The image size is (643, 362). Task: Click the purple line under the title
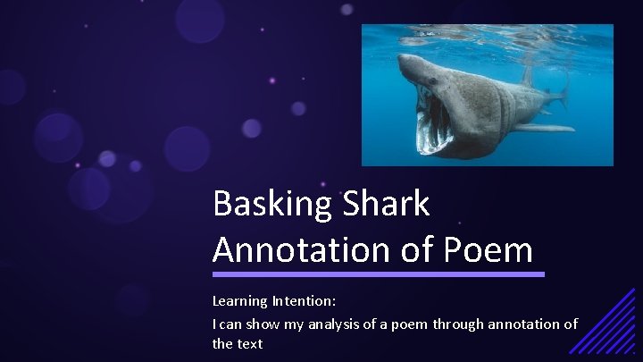tap(378, 274)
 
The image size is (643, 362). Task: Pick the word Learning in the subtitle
tap(240, 304)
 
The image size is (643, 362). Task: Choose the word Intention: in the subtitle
tap(305, 304)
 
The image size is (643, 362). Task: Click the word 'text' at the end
tap(250, 343)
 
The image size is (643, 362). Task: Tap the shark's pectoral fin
tap(542, 128)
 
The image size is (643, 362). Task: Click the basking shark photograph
tap(487, 95)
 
